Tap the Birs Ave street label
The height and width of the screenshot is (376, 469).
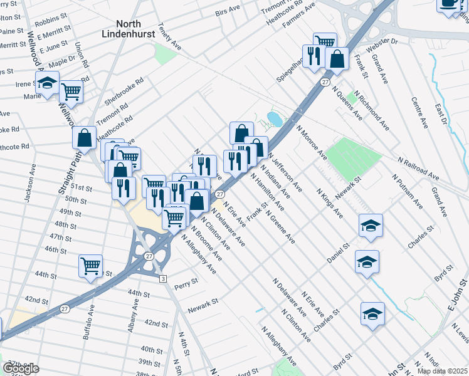click(x=228, y=11)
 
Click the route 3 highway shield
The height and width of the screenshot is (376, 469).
click(x=162, y=278)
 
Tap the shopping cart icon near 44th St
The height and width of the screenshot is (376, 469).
click(x=91, y=266)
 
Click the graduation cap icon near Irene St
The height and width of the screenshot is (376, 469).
click(x=46, y=84)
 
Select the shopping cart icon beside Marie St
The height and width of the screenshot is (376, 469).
click(x=71, y=92)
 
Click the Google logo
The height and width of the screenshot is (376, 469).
click(x=21, y=368)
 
